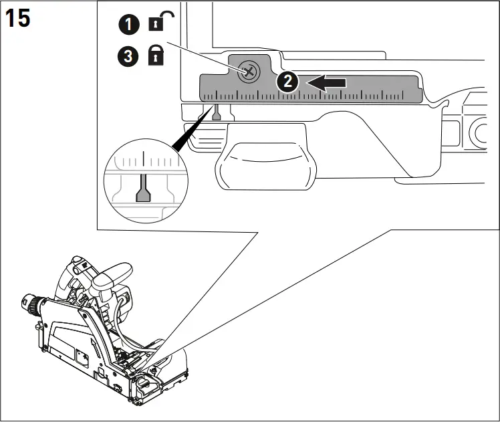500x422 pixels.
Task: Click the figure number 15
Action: click(x=18, y=18)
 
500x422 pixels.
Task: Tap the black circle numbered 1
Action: click(x=130, y=25)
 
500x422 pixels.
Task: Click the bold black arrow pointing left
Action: click(x=327, y=83)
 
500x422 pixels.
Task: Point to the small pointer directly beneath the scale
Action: click(x=215, y=114)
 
